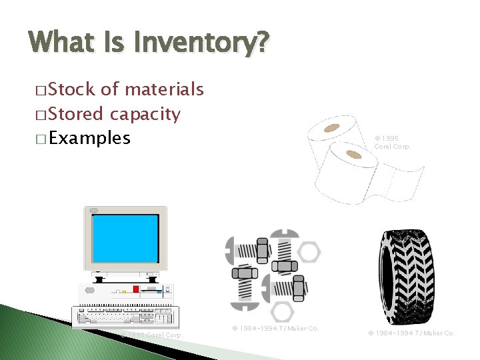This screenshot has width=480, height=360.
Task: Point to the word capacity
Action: (145, 115)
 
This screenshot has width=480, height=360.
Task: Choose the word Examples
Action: (89, 139)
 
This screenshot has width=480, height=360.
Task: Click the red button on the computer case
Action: (135, 289)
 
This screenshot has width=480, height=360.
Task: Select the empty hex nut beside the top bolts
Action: (309, 251)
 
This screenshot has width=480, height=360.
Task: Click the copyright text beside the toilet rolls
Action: (391, 142)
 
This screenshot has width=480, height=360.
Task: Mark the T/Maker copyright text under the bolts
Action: (275, 329)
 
